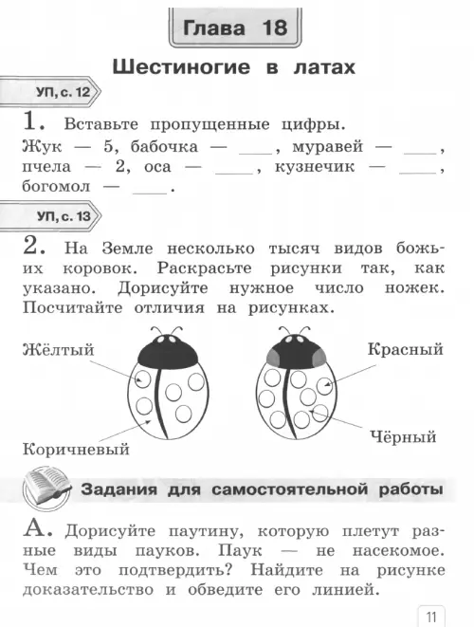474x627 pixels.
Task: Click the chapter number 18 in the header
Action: click(275, 28)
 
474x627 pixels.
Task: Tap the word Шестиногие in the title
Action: click(181, 66)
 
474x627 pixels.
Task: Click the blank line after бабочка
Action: click(255, 154)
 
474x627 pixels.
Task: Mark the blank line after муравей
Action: click(420, 154)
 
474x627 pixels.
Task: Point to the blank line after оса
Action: click(234, 174)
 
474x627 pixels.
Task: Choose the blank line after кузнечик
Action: click(418, 174)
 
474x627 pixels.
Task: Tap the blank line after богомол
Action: click(150, 194)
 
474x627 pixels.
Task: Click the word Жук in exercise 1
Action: click(42, 146)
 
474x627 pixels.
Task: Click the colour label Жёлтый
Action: click(58, 349)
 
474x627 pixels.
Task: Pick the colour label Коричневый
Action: click(76, 449)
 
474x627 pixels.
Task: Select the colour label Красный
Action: click(405, 349)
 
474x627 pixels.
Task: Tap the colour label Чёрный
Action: click(403, 436)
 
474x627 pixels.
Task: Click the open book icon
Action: click(46, 489)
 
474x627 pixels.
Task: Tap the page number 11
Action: click(430, 617)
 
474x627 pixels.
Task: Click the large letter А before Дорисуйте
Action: click(37, 528)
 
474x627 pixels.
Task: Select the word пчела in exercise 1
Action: click(46, 167)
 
